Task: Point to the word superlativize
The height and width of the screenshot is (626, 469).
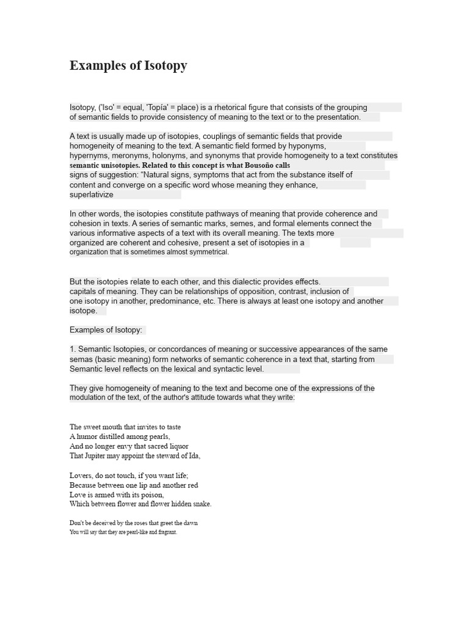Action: tap(92, 194)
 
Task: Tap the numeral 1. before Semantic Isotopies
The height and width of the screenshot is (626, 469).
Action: tap(72, 349)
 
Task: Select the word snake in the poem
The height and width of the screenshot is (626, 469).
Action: tap(200, 504)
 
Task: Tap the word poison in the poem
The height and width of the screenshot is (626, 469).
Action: tap(151, 495)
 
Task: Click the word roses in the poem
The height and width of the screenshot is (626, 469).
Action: tap(139, 523)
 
